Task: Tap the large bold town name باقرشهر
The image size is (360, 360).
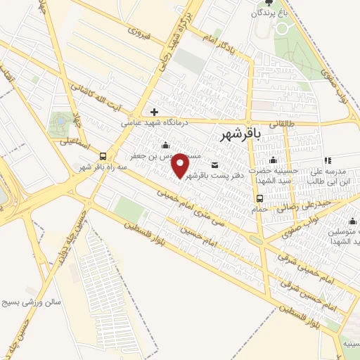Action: point(240,133)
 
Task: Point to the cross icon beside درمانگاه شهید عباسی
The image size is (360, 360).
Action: point(154,112)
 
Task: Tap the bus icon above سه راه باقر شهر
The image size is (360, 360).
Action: point(103,156)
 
